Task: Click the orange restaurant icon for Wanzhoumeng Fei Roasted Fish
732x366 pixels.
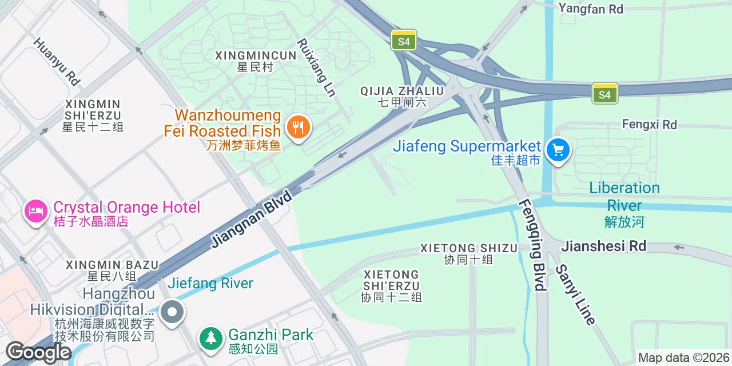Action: click(x=297, y=126)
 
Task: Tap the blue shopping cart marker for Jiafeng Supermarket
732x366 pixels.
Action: click(x=558, y=150)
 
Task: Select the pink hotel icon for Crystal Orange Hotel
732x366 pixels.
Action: click(x=35, y=211)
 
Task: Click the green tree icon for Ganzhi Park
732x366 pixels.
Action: click(x=212, y=338)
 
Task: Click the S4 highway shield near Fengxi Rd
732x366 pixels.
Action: click(x=604, y=93)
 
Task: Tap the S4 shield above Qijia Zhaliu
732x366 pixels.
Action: click(x=404, y=41)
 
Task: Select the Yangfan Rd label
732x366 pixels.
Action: click(x=591, y=9)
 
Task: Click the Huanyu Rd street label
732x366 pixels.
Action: click(x=57, y=61)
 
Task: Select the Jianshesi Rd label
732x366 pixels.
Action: click(x=604, y=246)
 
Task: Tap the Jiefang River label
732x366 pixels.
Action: click(x=210, y=283)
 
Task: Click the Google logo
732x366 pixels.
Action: click(x=38, y=352)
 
